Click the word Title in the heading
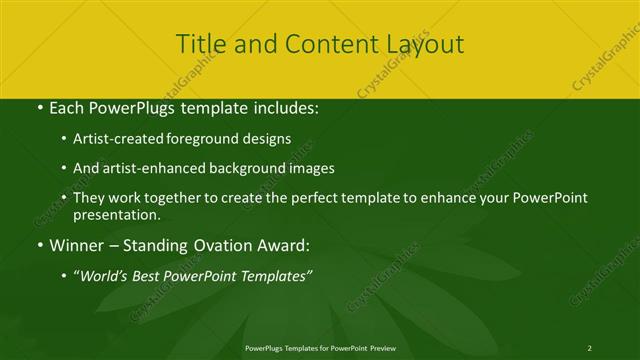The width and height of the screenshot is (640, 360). click(x=199, y=44)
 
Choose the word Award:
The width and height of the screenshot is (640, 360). click(x=283, y=244)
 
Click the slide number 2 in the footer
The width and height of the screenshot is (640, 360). click(x=590, y=347)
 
